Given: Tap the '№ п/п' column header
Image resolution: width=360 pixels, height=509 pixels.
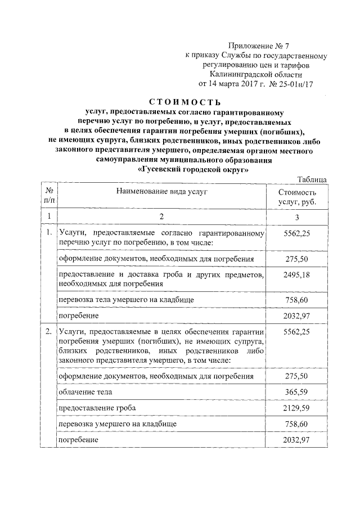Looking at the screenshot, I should [x=49, y=196].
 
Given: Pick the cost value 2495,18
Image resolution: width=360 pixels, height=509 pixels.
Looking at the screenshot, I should [x=298, y=274].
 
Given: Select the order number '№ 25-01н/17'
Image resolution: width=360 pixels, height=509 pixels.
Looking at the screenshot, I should [x=292, y=83].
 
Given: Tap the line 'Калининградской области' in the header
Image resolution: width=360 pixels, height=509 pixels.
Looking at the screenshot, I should [x=257, y=74].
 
